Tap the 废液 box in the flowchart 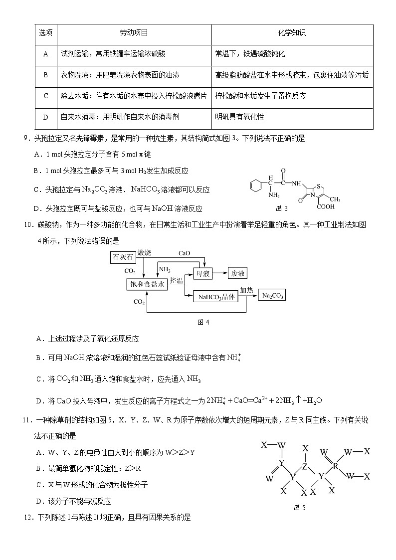[237, 273]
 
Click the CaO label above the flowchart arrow [184, 253]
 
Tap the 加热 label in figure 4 [246, 290]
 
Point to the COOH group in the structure [325, 206]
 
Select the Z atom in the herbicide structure [305, 466]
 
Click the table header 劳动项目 [134, 33]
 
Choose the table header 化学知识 [292, 33]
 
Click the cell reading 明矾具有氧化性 [239, 117]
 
